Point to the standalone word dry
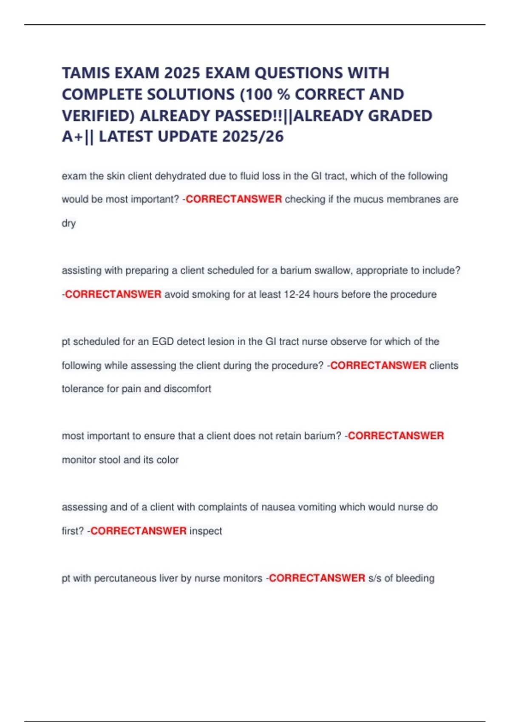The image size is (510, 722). click(x=68, y=223)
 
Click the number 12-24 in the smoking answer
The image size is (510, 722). click(x=297, y=294)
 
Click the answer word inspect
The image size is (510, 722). click(x=206, y=531)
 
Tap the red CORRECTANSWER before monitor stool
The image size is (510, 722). click(x=396, y=436)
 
